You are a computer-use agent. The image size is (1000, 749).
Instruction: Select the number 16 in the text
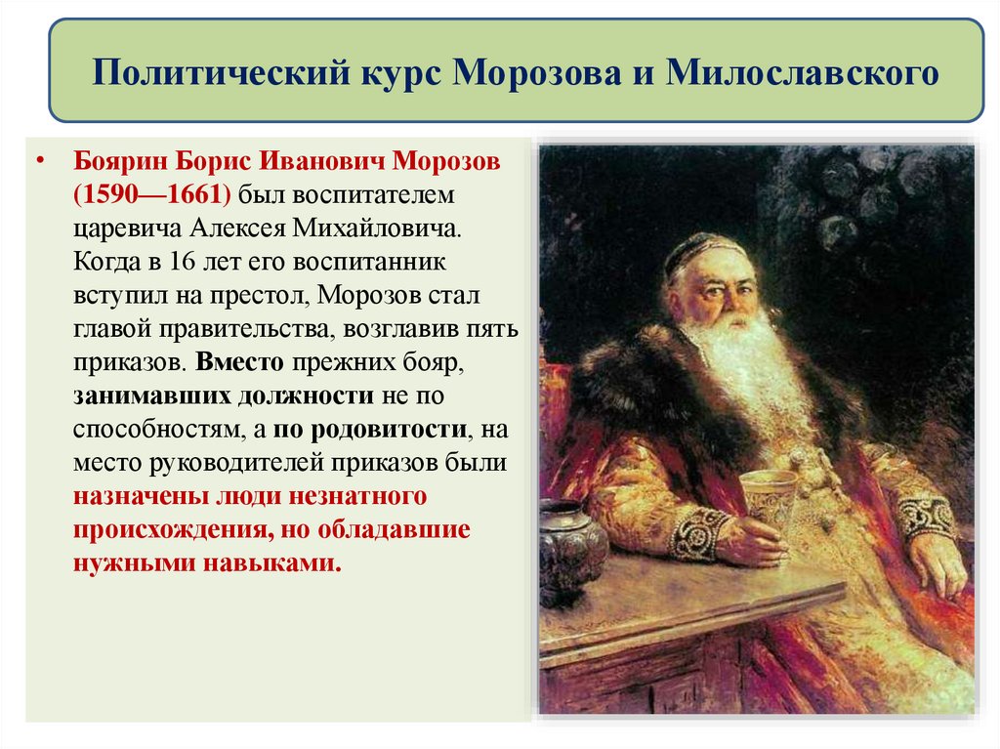(182, 263)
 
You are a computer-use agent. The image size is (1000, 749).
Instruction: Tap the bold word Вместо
(239, 362)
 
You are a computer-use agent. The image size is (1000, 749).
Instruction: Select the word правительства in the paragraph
(263, 328)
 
